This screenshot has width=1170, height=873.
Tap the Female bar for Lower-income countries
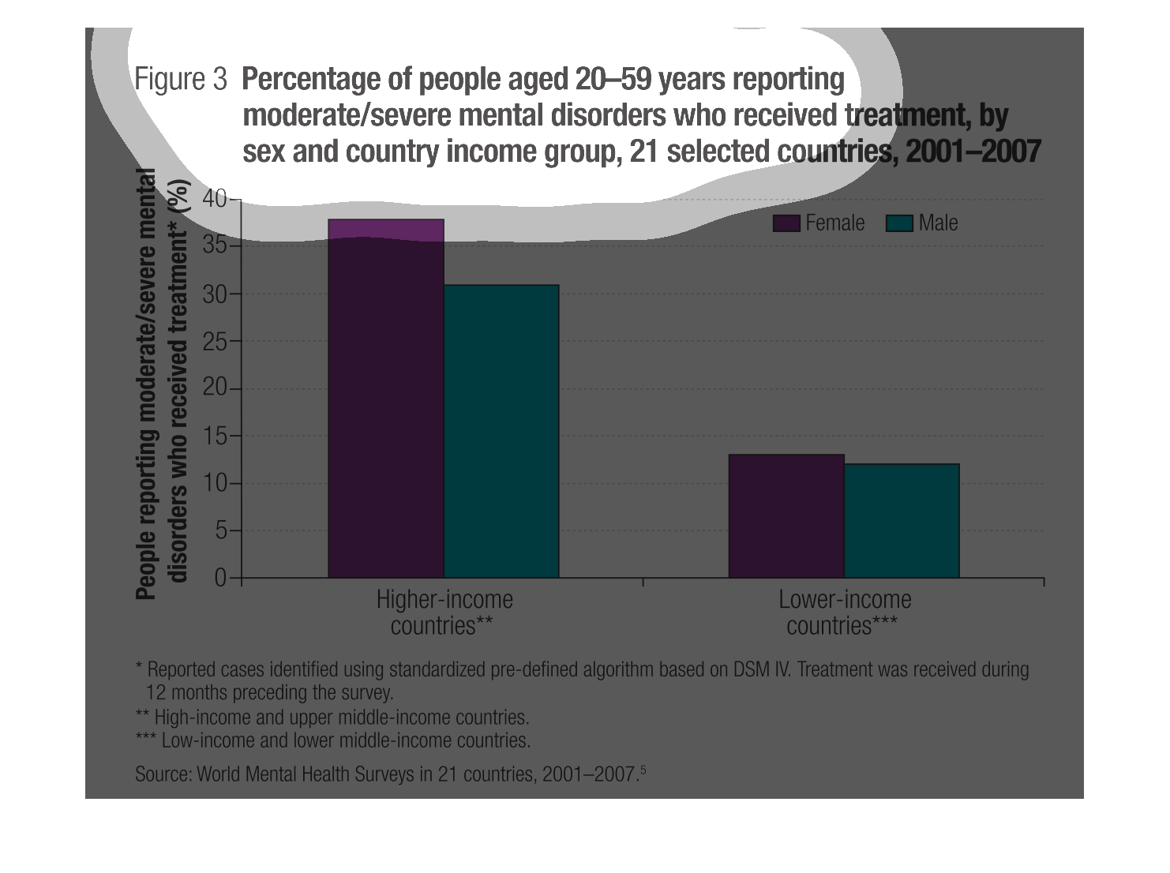(786, 516)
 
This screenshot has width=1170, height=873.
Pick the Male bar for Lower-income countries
(901, 521)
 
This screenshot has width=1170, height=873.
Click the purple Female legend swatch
(786, 223)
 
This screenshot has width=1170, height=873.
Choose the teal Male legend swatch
(899, 223)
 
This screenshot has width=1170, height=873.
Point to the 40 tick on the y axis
(214, 198)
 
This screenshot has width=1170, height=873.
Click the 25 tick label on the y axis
(214, 342)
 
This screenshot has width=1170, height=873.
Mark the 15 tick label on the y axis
(214, 436)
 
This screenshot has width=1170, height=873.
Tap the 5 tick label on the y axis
(220, 530)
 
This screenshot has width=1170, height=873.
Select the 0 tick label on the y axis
(220, 578)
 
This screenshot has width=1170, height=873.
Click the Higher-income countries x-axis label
(444, 613)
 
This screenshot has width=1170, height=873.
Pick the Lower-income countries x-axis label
(844, 613)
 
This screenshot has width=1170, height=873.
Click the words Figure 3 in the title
(181, 79)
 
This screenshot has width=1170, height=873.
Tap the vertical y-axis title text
(162, 383)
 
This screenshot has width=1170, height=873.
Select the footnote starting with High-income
(332, 718)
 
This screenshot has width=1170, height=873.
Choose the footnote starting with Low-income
(333, 740)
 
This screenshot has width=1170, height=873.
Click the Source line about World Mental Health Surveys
(390, 774)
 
